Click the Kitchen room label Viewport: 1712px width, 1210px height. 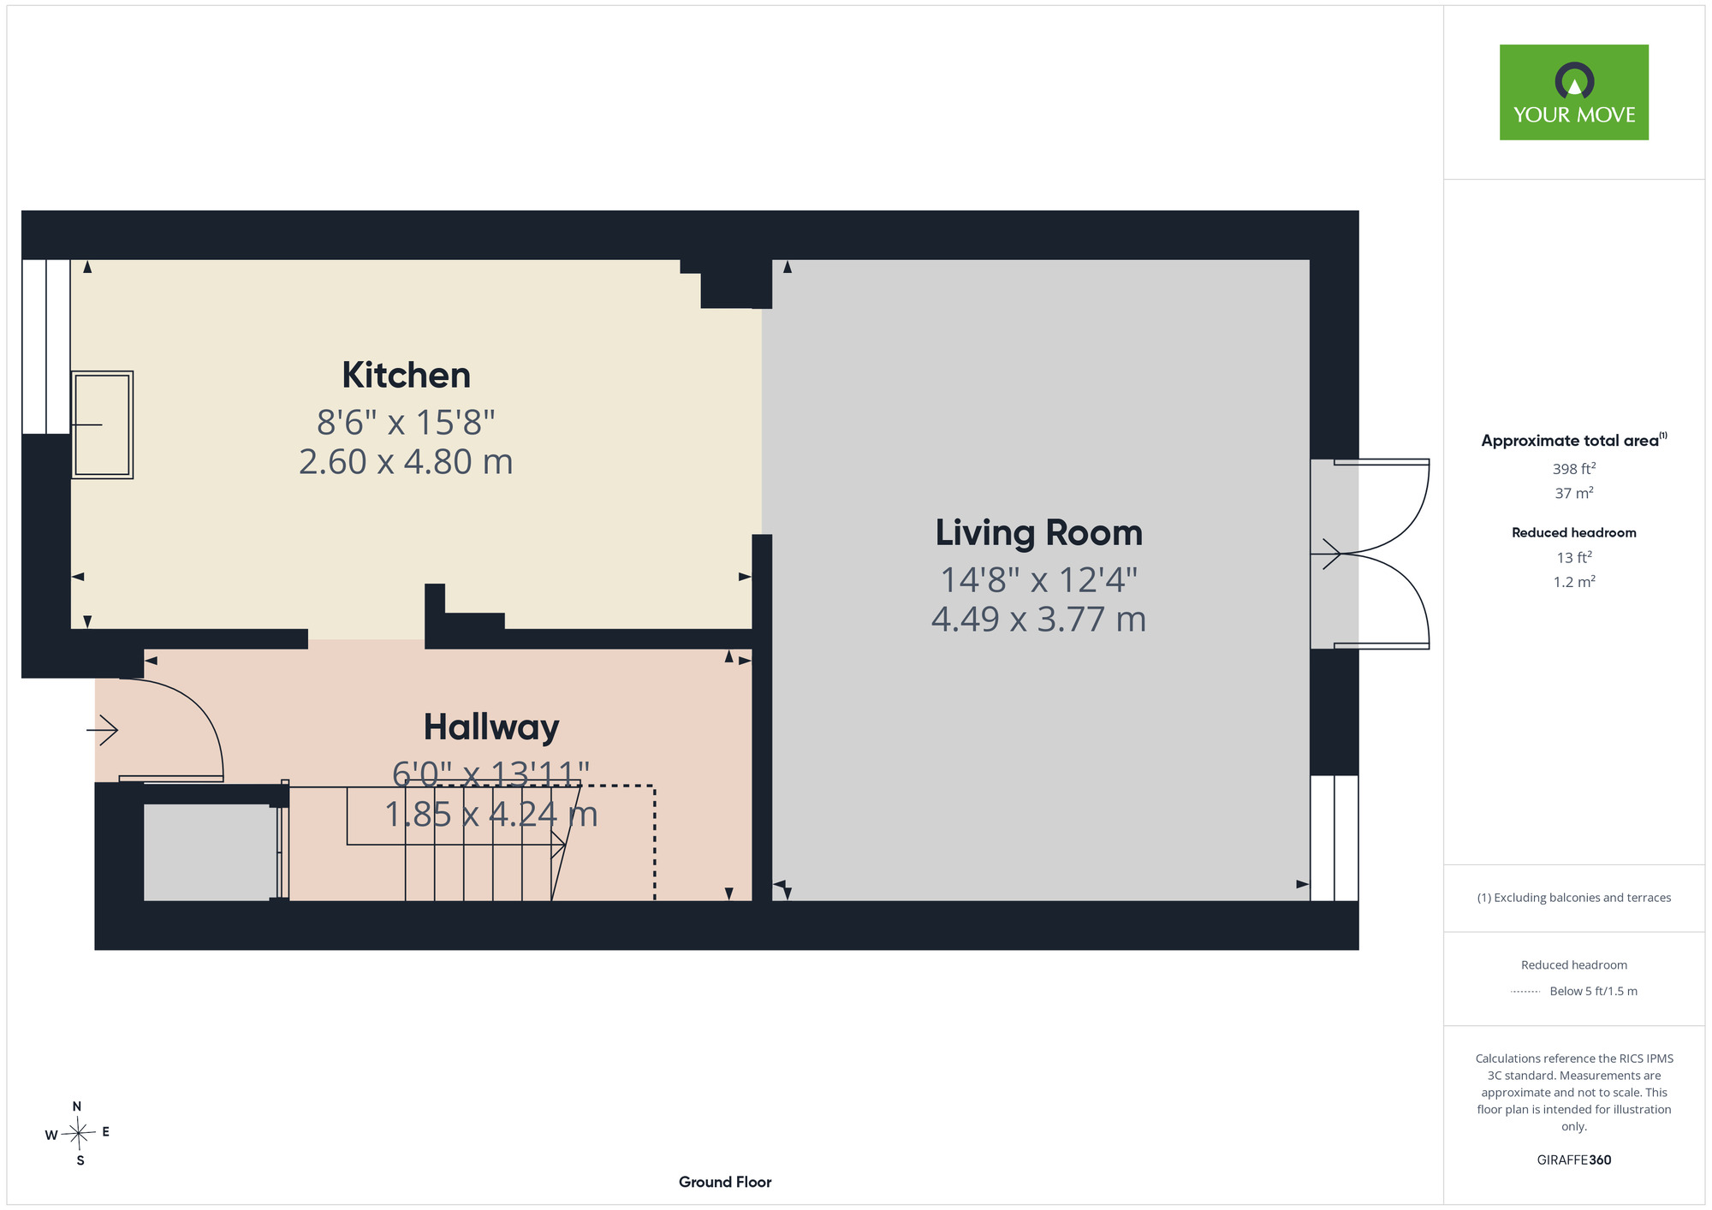click(x=406, y=375)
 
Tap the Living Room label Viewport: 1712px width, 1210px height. click(x=1038, y=533)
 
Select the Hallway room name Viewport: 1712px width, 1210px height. click(x=491, y=727)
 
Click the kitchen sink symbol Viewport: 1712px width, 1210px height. click(x=102, y=424)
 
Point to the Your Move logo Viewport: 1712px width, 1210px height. click(x=1573, y=92)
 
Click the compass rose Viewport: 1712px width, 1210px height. click(x=78, y=1134)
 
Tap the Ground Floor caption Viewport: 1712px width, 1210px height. click(x=725, y=1182)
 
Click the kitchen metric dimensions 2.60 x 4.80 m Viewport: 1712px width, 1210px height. click(x=406, y=462)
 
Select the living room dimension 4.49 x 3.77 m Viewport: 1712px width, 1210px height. click(x=1038, y=620)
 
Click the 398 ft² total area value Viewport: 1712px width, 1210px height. click(x=1573, y=469)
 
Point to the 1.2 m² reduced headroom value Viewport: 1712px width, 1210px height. click(x=1573, y=582)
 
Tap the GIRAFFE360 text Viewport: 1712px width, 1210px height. click(x=1573, y=1160)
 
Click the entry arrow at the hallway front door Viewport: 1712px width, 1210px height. click(x=102, y=730)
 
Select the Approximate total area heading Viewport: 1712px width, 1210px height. click(x=1573, y=440)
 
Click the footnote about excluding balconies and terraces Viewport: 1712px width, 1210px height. click(x=1573, y=898)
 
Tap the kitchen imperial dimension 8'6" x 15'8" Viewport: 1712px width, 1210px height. click(x=406, y=422)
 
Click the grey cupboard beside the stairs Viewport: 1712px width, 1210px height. click(x=211, y=852)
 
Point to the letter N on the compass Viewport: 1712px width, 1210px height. click(x=77, y=1106)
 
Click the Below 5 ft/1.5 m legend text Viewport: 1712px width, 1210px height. click(x=1593, y=991)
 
